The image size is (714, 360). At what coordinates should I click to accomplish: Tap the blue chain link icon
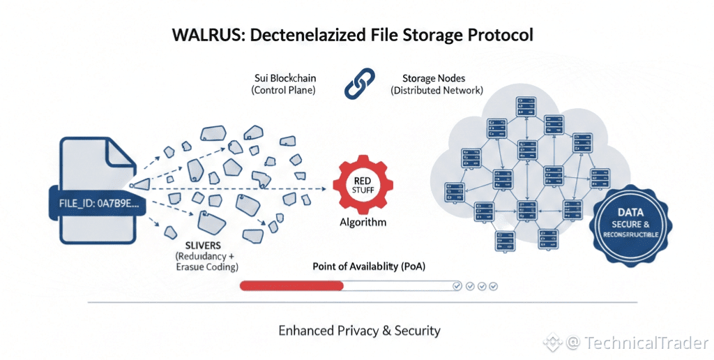(x=359, y=84)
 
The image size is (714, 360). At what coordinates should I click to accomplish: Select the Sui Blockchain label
(x=285, y=78)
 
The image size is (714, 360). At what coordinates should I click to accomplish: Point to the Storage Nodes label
(x=434, y=78)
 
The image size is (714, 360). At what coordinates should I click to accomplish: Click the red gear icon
(x=363, y=185)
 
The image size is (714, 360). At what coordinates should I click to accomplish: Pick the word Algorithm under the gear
(x=363, y=223)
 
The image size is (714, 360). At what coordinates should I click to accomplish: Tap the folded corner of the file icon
(x=121, y=154)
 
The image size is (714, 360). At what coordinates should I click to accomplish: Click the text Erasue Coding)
(x=207, y=267)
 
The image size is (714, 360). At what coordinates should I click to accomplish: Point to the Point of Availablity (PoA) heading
(x=369, y=267)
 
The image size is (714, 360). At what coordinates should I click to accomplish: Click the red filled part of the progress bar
(x=291, y=286)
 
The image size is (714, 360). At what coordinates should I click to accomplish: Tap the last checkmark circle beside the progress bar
(x=493, y=286)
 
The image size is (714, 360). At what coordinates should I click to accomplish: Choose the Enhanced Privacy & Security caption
(x=359, y=331)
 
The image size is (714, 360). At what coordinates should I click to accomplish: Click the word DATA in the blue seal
(x=630, y=212)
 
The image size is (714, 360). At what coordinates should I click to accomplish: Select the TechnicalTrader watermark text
(x=646, y=343)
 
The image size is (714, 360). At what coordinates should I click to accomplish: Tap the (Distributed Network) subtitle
(x=436, y=90)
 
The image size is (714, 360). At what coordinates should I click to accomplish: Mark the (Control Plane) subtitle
(x=283, y=90)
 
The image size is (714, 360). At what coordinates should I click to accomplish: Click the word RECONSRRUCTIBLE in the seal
(x=630, y=234)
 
